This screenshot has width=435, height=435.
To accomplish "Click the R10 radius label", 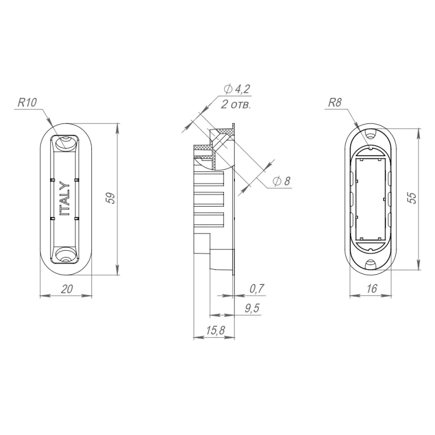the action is pos(27,102).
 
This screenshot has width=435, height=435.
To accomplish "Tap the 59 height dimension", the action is pos(111,198).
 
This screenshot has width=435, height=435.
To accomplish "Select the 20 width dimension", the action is pos(66,289).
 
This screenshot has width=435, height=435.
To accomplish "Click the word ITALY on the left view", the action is pos(65,198).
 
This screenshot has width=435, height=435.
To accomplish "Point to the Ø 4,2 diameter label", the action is pos(237,89).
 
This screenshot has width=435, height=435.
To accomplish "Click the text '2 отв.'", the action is pos(236,104).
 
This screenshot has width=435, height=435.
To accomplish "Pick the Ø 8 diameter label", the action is pos(281,181).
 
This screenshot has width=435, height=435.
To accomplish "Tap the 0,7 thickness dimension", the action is pos(257,289).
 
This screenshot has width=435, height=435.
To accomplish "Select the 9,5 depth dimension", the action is pos(252,308).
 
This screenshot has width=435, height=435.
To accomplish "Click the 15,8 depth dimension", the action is pos(215,330).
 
